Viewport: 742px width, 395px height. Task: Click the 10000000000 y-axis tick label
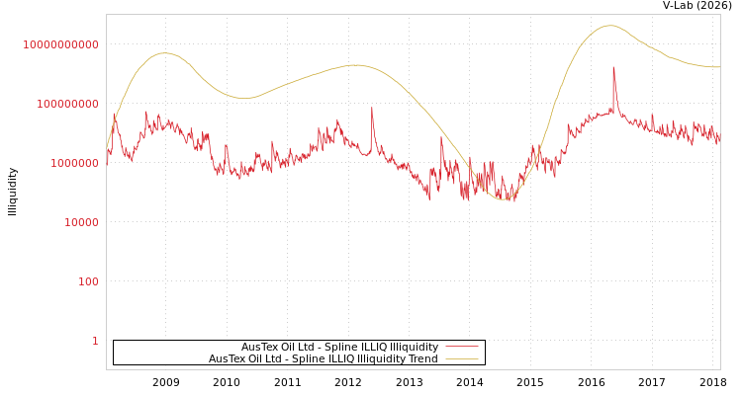pos(61,44)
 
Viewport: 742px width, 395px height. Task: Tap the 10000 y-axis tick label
pos(81,222)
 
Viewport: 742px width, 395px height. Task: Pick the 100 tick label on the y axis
pos(88,281)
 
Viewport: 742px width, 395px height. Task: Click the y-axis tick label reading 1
pos(95,341)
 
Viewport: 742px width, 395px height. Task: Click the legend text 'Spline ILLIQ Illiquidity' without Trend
pos(339,348)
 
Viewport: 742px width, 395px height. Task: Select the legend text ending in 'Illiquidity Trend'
pos(323,359)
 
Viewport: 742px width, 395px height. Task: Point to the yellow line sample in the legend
pos(462,359)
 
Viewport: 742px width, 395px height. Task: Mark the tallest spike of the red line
pos(613,68)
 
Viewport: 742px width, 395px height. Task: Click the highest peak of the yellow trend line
pos(609,26)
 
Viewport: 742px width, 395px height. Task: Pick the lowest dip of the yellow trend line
pos(504,199)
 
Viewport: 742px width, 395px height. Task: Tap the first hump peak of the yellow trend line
pos(164,53)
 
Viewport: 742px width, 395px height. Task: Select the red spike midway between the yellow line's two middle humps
pos(372,108)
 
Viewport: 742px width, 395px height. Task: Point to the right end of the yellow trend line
pos(719,67)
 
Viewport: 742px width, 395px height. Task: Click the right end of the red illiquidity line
pos(719,138)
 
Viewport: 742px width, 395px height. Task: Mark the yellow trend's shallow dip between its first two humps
pos(245,98)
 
